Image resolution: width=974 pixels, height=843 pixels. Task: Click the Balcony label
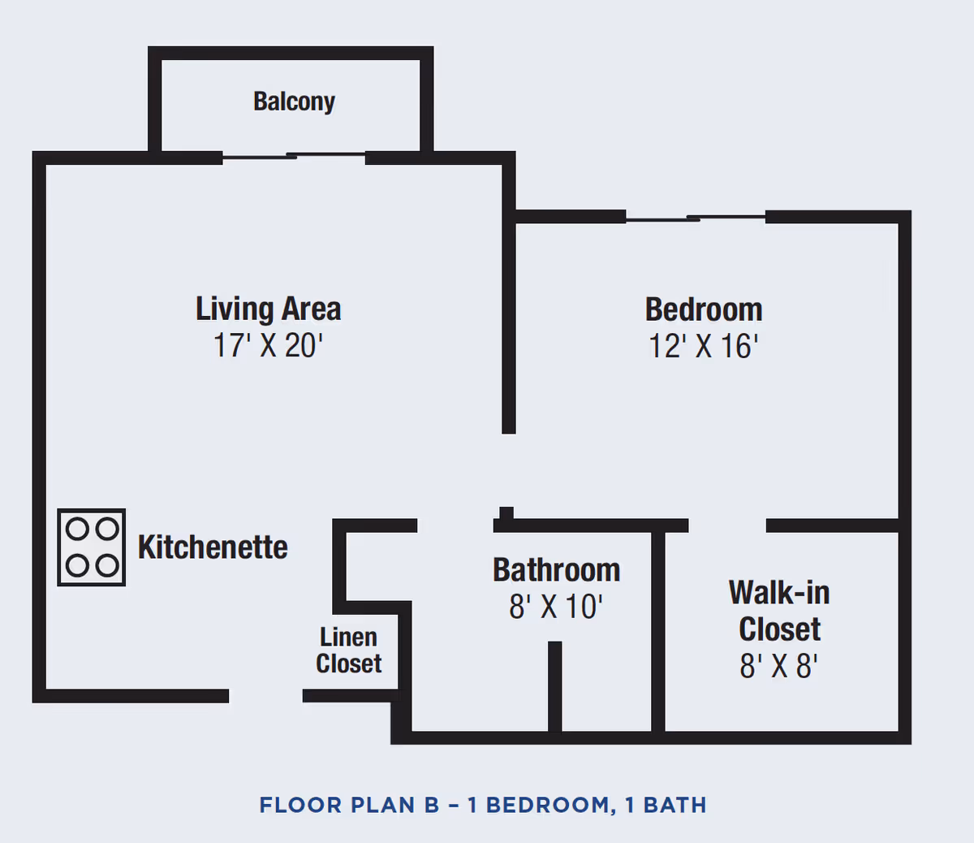(x=294, y=102)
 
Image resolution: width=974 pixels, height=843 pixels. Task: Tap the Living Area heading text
(x=268, y=309)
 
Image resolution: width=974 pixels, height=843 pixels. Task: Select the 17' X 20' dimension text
(x=268, y=346)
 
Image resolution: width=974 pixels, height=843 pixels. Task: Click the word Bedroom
(x=704, y=310)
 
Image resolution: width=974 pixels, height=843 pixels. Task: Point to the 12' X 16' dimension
(x=703, y=347)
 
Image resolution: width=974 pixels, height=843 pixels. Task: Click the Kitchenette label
(x=213, y=547)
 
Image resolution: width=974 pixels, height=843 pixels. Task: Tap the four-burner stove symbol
(x=92, y=547)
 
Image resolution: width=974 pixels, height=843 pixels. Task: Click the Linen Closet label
(x=349, y=651)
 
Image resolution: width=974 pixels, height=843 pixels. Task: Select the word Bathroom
(x=556, y=570)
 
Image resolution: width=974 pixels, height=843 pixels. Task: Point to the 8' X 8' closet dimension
(x=778, y=667)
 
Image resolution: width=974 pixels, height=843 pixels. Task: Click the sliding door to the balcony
(x=294, y=156)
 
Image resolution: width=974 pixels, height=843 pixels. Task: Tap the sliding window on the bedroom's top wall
(x=696, y=218)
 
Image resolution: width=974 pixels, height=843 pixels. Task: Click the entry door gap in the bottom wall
(x=265, y=696)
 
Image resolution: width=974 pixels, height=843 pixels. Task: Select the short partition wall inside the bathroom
(x=554, y=686)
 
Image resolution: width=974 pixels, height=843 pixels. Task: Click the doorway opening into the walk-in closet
(x=727, y=526)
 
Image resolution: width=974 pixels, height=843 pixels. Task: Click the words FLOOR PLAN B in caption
(x=349, y=806)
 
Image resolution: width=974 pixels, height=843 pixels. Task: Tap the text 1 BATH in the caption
(x=666, y=806)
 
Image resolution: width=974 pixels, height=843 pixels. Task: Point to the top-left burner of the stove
(x=77, y=530)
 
